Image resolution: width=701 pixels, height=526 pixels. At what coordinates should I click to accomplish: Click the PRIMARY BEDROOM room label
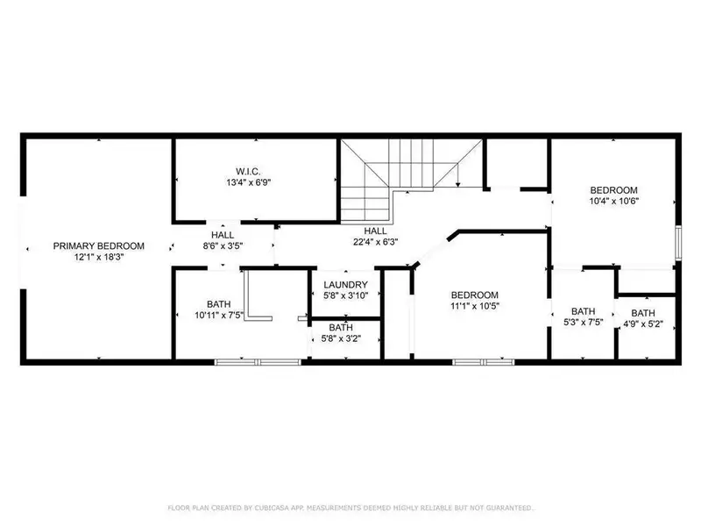98,246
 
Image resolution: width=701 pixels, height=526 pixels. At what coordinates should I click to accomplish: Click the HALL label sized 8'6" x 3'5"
222,235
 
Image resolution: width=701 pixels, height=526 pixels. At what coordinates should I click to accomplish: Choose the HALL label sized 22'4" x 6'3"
376,231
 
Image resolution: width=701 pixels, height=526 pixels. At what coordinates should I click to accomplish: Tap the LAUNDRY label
344,285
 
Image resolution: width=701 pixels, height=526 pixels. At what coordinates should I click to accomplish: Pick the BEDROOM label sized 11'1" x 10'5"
475,295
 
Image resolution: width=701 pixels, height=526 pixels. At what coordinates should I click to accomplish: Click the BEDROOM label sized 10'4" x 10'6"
613,190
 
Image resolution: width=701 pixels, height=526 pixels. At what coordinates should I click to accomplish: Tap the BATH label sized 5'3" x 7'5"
583,311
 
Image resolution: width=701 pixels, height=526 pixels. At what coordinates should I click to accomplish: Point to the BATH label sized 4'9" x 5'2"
643,313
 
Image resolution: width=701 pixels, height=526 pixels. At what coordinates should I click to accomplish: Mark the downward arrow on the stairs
457,180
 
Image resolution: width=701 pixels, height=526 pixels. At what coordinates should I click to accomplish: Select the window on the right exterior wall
677,243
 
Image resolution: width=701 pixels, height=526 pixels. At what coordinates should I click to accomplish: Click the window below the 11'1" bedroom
479,360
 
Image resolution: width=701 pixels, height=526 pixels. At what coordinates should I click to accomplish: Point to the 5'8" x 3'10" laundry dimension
344,296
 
